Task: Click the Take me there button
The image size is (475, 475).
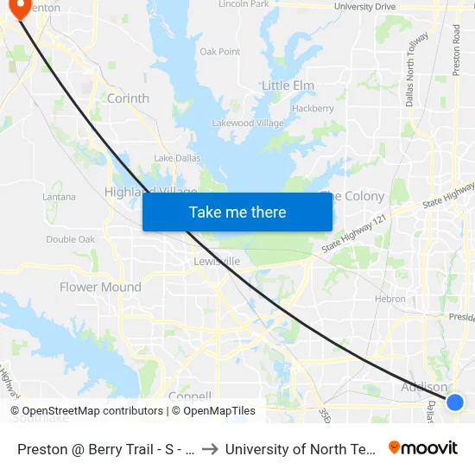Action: point(237,212)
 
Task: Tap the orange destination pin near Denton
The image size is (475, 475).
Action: point(18,8)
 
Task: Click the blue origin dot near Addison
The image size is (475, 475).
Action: point(454,402)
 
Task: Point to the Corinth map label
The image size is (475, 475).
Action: point(128,98)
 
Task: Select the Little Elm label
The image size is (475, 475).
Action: point(288,85)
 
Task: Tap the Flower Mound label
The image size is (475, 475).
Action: point(100,287)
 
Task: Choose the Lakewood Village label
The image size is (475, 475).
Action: point(247,123)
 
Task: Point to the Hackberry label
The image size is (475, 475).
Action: point(313,109)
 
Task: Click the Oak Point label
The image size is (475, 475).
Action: point(219,52)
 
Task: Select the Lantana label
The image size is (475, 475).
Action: point(59,198)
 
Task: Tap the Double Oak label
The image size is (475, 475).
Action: point(71,239)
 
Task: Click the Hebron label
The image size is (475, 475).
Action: point(390,299)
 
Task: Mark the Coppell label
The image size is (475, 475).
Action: point(191,396)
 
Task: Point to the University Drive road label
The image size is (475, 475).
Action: point(364,7)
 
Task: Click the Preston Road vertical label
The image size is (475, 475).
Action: point(456,49)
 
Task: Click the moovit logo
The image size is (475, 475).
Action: point(423,447)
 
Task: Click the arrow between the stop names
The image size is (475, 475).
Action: point(211,448)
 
